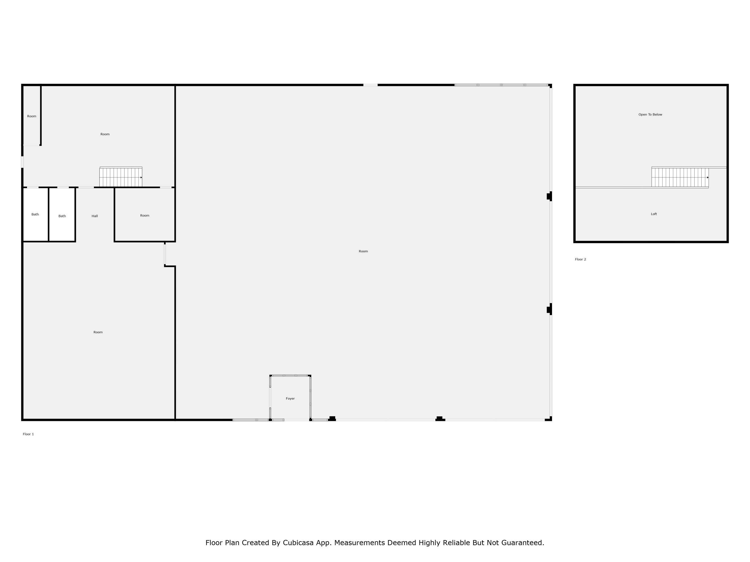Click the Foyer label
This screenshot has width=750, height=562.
point(290,398)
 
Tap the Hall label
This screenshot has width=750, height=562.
point(94,216)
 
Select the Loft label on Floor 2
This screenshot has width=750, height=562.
point(654,214)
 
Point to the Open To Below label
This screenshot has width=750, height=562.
point(650,114)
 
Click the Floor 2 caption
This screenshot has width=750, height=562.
point(580,259)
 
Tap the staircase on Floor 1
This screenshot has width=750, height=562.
point(121,177)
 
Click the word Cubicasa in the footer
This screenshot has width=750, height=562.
point(298,543)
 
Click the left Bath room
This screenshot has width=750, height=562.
point(35,214)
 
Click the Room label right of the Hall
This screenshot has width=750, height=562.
point(145,216)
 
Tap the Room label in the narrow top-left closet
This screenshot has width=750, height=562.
point(31,116)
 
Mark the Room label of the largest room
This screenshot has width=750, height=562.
point(363,251)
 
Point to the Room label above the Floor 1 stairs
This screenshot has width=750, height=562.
point(105,134)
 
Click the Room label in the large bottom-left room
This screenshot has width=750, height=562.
point(98,332)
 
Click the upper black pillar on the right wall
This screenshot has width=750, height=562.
point(549,196)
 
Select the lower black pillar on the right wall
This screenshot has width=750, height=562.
point(549,309)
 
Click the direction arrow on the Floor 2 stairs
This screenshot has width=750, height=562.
point(708,178)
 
